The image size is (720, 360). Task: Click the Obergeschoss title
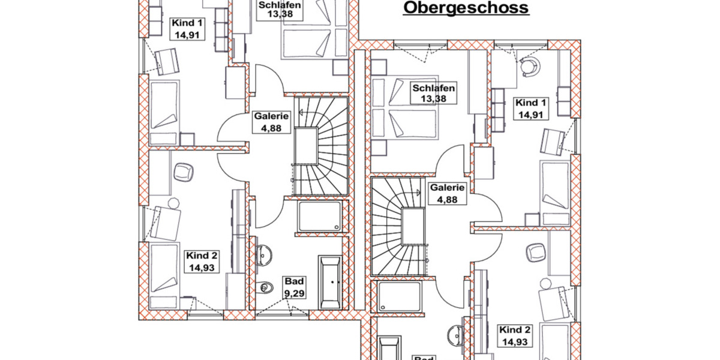pyautogui.click(x=465, y=8)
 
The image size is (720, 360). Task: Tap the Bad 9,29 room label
pyautogui.click(x=294, y=287)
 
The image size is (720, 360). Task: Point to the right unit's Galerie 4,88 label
pyautogui.click(x=448, y=193)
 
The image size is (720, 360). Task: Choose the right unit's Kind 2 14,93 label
pyautogui.click(x=515, y=336)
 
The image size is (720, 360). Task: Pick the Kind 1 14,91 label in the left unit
pyautogui.click(x=187, y=28)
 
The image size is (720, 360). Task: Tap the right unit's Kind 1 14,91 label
pyautogui.click(x=531, y=109)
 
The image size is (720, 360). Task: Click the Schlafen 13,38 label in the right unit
pyautogui.click(x=433, y=94)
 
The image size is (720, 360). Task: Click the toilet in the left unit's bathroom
pyautogui.click(x=262, y=289)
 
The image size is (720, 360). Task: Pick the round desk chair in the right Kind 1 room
pyautogui.click(x=529, y=66)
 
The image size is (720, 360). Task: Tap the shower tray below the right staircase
pyautogui.click(x=399, y=298)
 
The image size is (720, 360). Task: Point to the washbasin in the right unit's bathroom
pyautogui.click(x=456, y=331)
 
